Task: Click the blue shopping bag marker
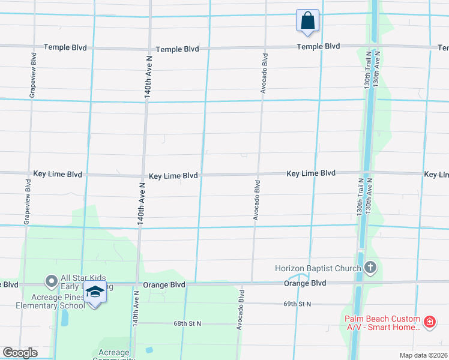pos(307,20)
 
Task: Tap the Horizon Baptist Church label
pos(318,268)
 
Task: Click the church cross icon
pos(370,268)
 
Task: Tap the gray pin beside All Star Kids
pos(51,280)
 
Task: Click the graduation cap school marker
pos(94,293)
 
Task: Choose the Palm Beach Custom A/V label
pos(382,324)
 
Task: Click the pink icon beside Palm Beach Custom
pos(429,323)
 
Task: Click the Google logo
pos(20,353)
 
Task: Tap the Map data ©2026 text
pos(423,355)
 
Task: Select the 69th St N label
pos(297,304)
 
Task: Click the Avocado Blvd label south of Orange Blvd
pos(240,310)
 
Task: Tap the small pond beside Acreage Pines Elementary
pos(64,317)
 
